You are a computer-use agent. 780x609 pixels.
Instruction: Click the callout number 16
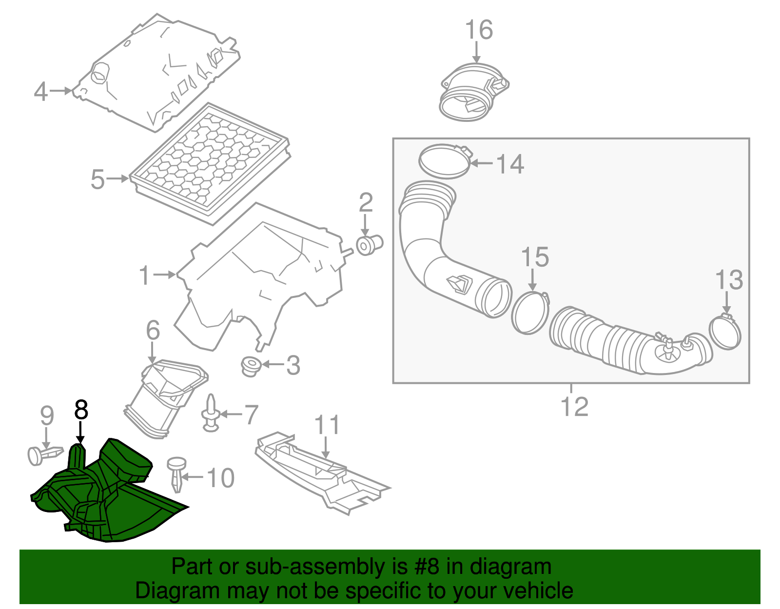479,30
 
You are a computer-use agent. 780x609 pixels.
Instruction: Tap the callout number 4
40,92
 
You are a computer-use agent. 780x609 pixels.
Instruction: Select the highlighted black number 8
81,410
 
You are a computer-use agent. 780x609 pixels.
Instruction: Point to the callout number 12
574,406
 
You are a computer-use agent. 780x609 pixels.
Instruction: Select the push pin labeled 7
211,414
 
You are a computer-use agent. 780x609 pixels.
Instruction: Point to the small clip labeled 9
44,455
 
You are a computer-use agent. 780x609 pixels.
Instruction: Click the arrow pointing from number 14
482,163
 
